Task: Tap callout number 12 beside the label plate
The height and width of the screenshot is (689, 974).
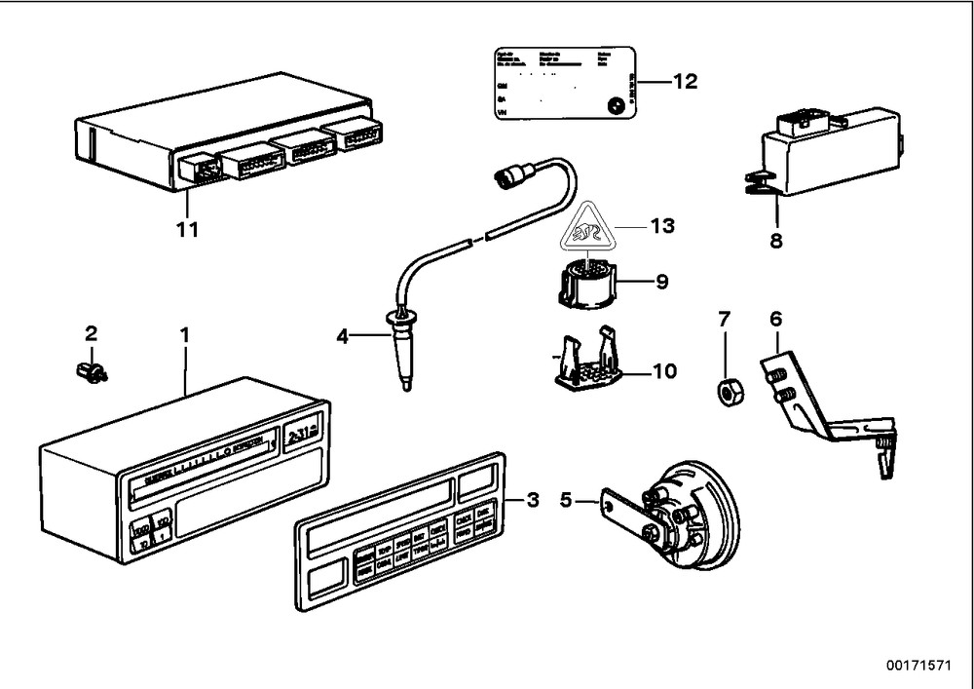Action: click(x=685, y=82)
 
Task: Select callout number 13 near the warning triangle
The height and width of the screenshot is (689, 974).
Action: click(x=661, y=226)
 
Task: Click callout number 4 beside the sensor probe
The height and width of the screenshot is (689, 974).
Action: click(x=342, y=337)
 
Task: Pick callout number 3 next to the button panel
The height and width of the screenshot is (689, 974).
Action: click(x=532, y=501)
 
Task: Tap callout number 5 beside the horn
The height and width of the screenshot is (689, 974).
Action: click(x=566, y=503)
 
